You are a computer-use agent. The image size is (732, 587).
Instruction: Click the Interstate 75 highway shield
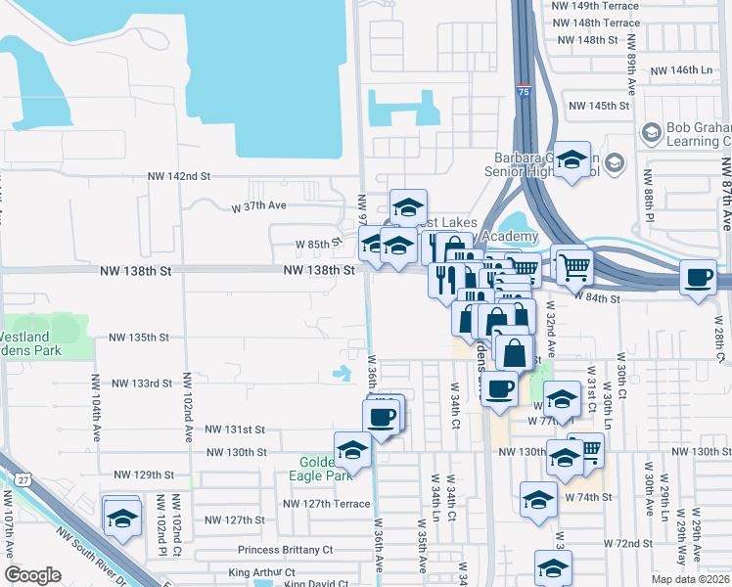point(525,91)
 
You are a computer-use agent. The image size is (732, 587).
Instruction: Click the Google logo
point(32,575)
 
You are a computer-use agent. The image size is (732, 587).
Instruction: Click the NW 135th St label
point(139,337)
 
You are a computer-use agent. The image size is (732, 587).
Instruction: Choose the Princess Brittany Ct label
point(285,550)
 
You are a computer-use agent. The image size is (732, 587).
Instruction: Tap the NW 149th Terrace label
point(595,6)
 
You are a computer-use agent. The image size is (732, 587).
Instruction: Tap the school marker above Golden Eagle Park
point(352,449)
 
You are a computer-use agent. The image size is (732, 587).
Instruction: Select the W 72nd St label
point(627,542)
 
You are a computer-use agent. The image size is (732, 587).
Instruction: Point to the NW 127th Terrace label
point(327,504)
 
